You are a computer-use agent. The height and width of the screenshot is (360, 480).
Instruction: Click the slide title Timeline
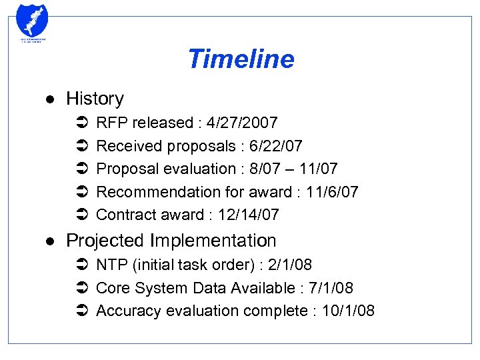241,59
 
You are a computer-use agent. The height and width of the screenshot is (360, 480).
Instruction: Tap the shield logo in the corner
31,22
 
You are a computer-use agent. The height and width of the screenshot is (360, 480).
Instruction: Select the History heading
95,99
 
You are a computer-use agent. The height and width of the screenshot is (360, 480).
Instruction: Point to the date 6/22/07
275,146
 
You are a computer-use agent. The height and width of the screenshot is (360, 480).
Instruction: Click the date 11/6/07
332,192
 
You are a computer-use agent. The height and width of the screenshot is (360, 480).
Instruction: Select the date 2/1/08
289,265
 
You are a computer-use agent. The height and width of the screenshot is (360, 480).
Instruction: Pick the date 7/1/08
331,288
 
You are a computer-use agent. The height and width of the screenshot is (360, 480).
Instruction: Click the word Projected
106,241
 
